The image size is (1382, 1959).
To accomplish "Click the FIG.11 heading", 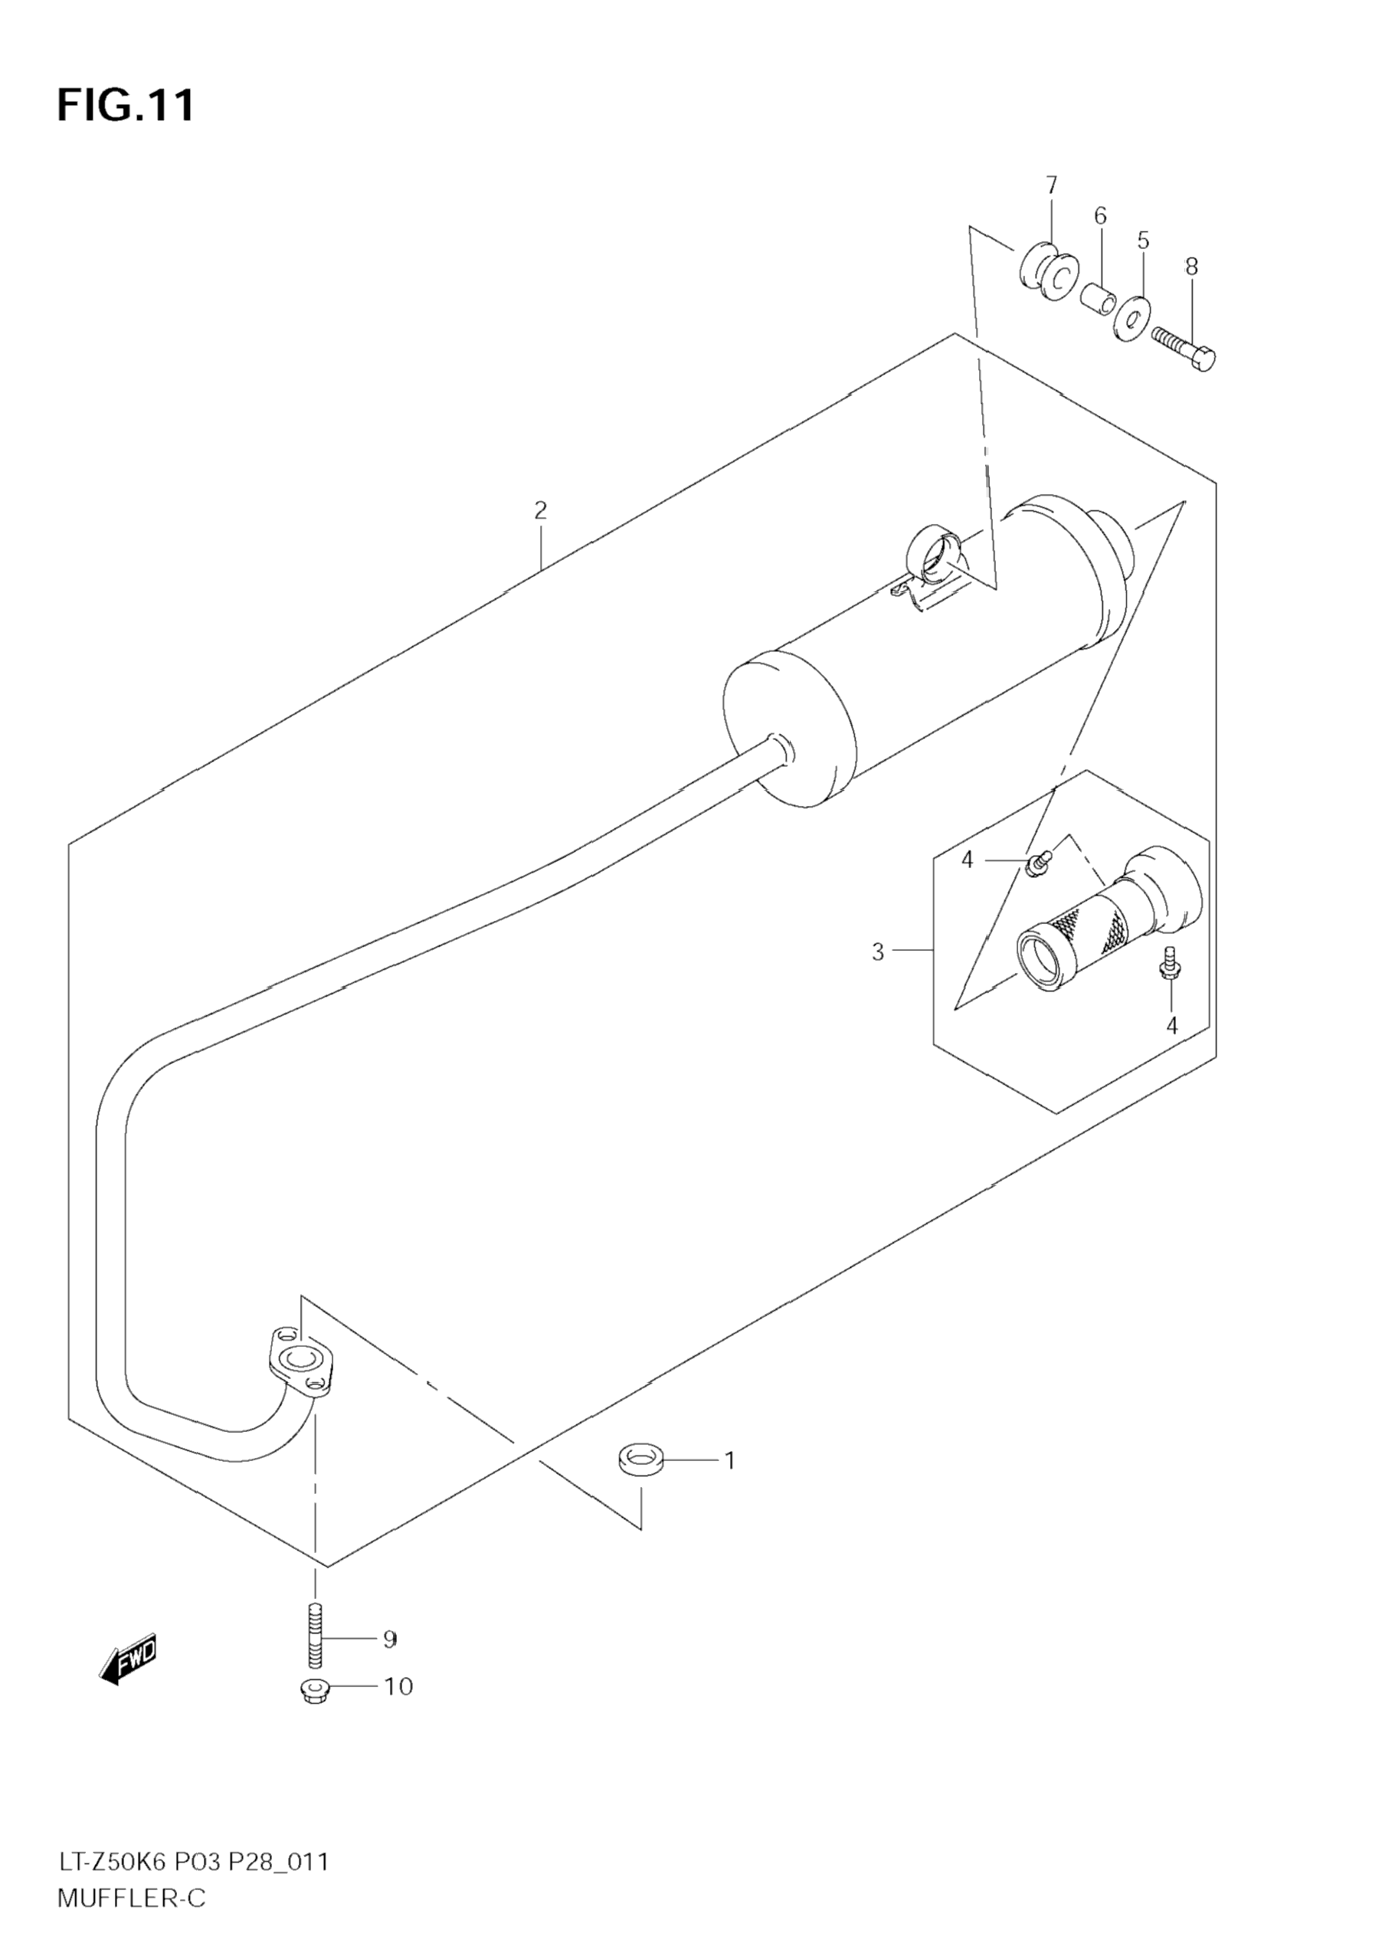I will coord(126,106).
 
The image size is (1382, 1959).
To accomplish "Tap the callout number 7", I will coord(1051,185).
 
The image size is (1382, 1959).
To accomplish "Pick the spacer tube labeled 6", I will coord(1098,299).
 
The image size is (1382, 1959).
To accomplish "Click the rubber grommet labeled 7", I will coord(1047,274).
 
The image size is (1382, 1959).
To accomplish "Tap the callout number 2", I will coord(540,510).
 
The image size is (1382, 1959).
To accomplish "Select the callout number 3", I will coord(878,952).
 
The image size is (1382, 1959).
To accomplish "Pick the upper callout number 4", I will coord(967,860).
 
